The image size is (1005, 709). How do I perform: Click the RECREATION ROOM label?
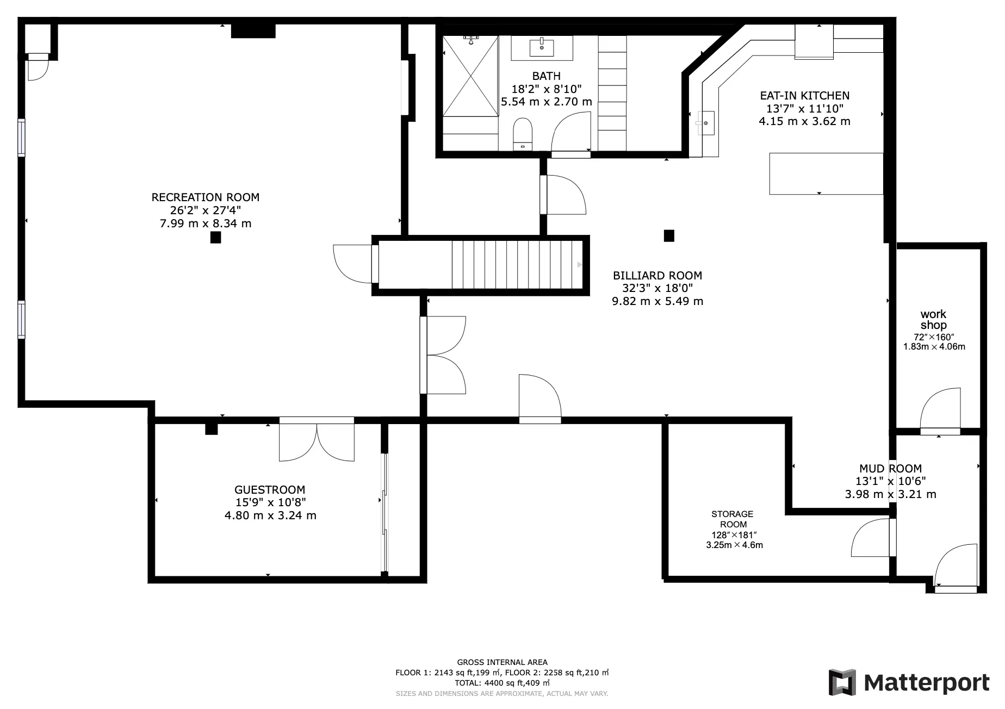tap(206, 197)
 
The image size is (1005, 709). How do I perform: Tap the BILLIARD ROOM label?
tap(657, 276)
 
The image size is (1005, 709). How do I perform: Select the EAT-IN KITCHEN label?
tap(804, 96)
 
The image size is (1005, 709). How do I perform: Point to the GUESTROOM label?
tap(270, 490)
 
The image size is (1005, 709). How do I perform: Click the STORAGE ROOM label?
tap(733, 519)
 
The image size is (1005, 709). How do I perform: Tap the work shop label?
tap(933, 320)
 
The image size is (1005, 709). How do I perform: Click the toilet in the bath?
tap(523, 133)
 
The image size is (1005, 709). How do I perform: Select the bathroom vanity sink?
tap(542, 47)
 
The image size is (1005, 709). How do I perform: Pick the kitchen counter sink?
tap(705, 123)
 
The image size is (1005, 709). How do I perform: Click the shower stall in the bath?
tap(470, 76)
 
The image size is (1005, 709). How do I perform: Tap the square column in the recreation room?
tap(216, 237)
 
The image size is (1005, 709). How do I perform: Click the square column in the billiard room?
tap(669, 235)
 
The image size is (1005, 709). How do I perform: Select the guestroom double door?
tap(317, 440)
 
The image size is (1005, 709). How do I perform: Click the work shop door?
tap(940, 411)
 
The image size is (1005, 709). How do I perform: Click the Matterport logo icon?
tap(842, 683)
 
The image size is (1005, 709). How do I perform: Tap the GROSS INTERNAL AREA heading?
tap(502, 662)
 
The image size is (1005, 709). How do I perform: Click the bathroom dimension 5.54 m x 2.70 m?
tap(547, 102)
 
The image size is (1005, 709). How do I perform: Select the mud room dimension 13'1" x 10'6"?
tap(891, 481)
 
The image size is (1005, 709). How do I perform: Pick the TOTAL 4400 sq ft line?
tap(502, 683)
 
